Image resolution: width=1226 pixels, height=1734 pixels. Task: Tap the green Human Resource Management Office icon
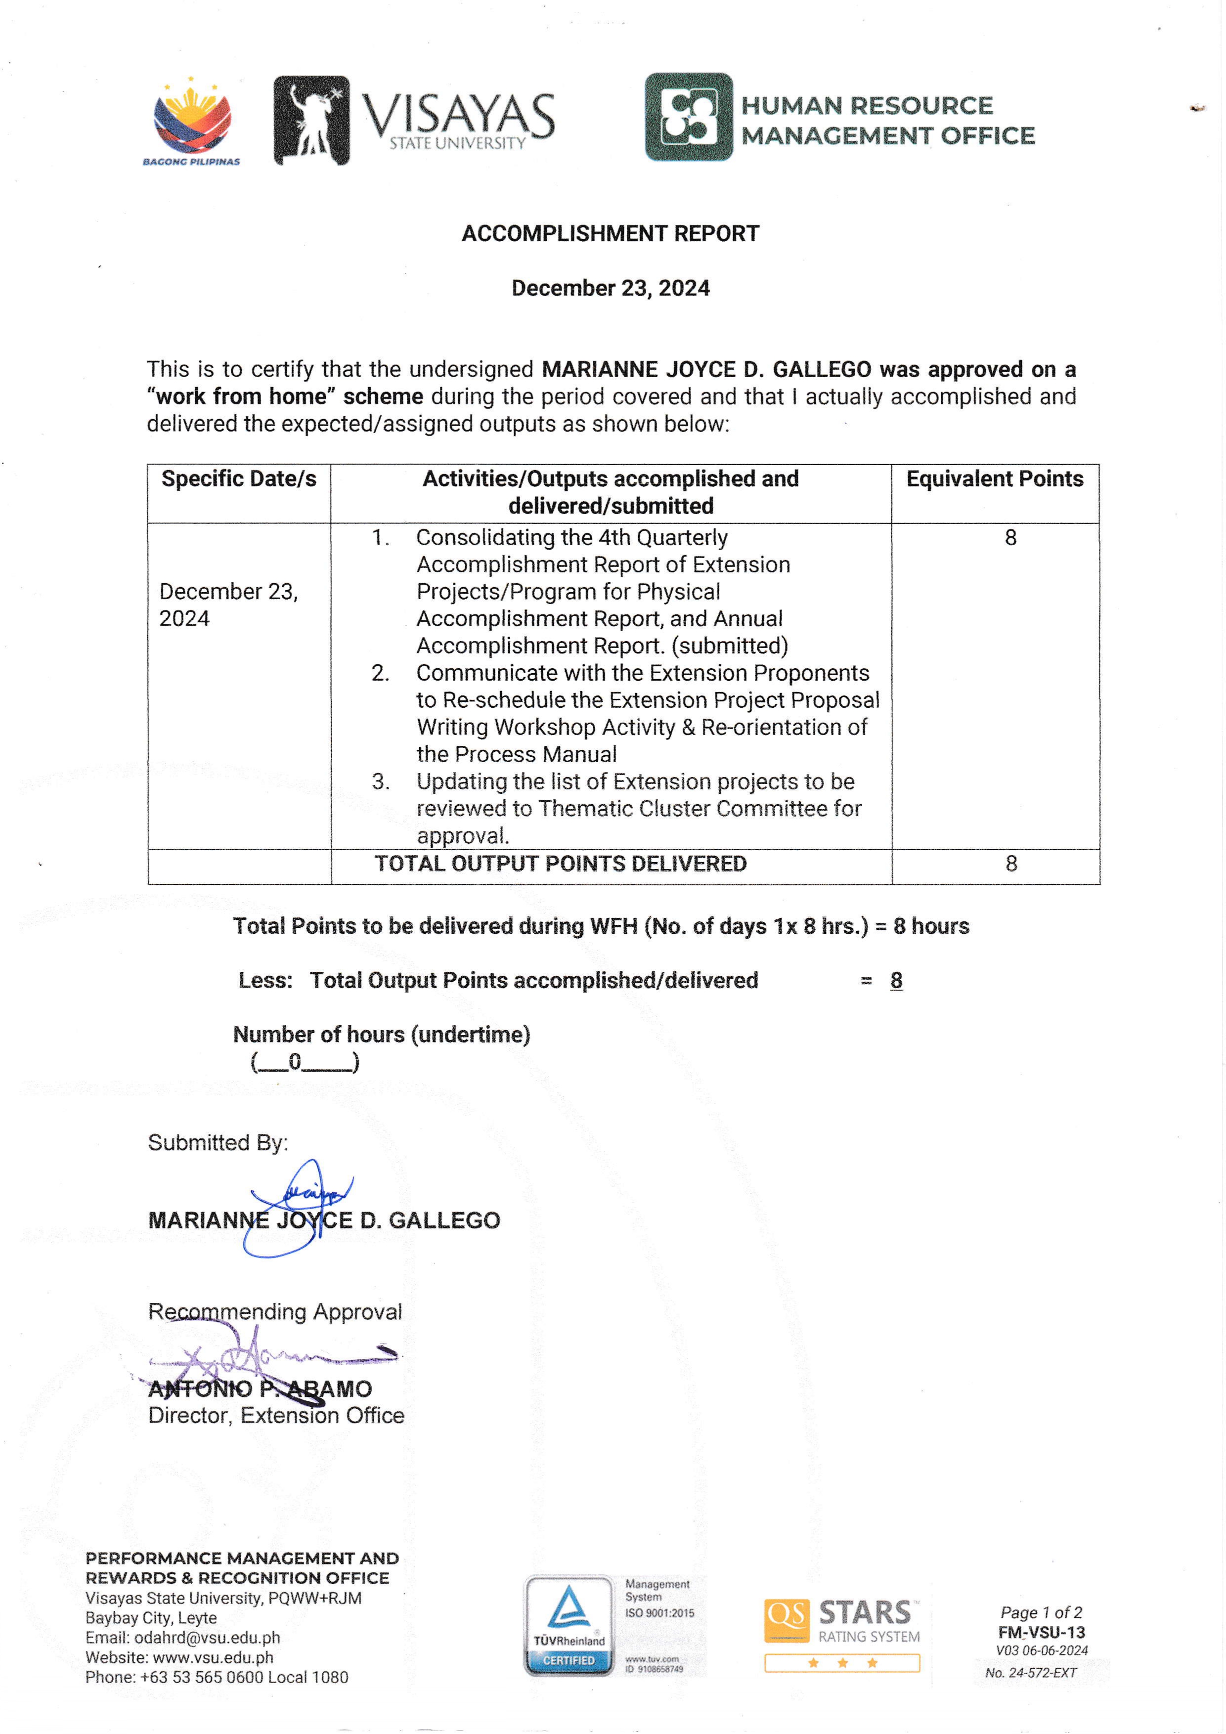click(688, 117)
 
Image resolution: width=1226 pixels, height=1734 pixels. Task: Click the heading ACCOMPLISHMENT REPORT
click(611, 233)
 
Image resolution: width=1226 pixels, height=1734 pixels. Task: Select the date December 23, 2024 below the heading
click(611, 288)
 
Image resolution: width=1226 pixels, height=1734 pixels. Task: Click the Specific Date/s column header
click(239, 479)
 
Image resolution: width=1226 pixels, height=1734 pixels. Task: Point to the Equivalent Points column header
click(994, 479)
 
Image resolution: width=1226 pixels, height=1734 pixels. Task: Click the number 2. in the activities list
click(380, 673)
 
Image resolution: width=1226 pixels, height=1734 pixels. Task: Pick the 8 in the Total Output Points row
click(1011, 864)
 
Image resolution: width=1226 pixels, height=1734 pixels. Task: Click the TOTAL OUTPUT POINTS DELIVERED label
click(561, 864)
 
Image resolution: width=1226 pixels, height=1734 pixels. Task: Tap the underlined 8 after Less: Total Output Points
click(896, 980)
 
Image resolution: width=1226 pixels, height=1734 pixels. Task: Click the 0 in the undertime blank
click(295, 1062)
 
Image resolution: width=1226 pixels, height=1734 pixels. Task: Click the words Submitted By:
click(218, 1143)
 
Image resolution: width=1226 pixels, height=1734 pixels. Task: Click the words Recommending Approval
click(275, 1312)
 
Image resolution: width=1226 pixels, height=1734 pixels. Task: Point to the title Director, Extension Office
click(276, 1415)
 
